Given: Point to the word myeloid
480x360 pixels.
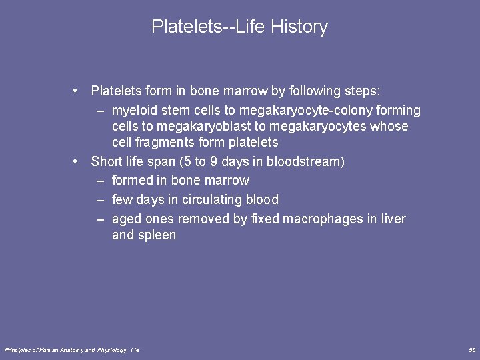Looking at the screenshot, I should pos(134,110).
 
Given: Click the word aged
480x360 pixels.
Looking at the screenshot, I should pos(127,219).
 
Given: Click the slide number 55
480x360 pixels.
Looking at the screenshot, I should pos(472,349).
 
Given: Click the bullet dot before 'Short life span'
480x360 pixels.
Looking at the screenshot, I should pos(78,161).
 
